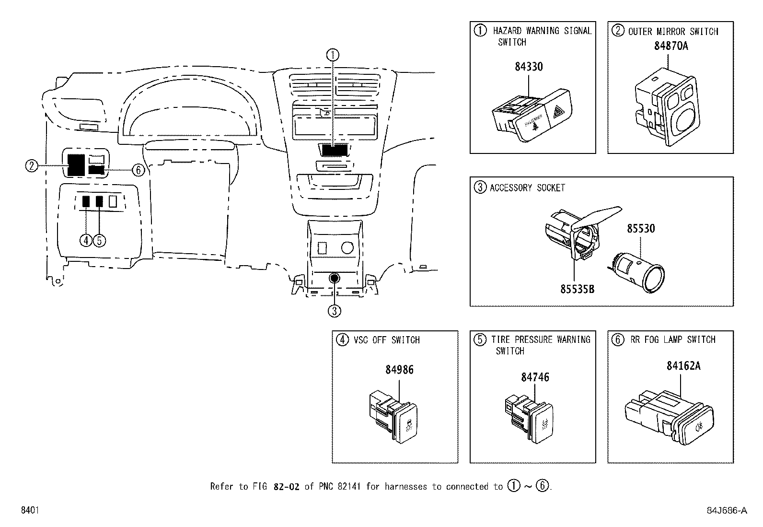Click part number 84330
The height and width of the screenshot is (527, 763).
[529, 67]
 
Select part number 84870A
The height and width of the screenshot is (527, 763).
[671, 46]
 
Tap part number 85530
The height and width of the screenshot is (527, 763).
[641, 229]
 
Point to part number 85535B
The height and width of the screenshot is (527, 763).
[578, 289]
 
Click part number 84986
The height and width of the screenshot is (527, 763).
[399, 370]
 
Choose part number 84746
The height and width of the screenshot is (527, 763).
[535, 377]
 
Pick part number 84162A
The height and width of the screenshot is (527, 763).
[683, 366]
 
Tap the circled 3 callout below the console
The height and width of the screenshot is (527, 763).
[334, 311]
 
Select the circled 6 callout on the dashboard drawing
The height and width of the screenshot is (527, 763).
[138, 170]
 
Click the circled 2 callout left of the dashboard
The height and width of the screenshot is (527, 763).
[31, 166]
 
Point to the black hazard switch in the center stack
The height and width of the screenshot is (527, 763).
[335, 151]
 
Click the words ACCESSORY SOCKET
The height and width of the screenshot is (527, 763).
[527, 188]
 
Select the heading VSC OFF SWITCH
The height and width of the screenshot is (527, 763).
[386, 340]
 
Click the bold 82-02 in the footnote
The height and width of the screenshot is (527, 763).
[286, 487]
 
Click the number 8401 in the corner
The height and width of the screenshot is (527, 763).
[29, 511]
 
